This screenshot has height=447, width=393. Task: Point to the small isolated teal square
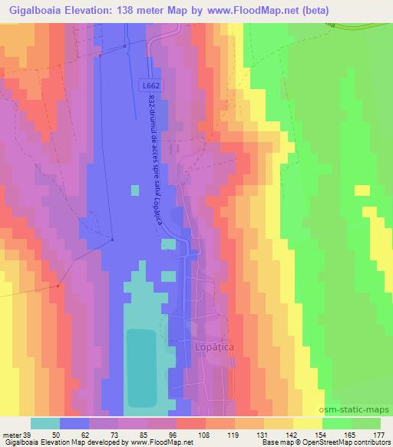pyautogui.click(x=135, y=190)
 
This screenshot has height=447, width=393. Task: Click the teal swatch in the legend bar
pyautogui.click(x=45, y=423)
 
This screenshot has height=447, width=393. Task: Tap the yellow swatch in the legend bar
pyautogui.click(x=308, y=423)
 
